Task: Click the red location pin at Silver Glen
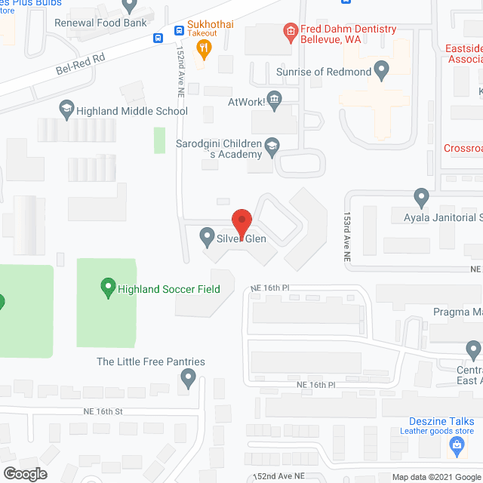click(x=241, y=222)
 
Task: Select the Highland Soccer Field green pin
click(x=108, y=288)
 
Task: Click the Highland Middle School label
click(x=133, y=111)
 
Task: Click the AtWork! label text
click(x=248, y=99)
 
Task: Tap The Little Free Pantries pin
click(x=189, y=376)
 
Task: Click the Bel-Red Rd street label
click(x=78, y=69)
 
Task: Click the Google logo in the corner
click(x=25, y=473)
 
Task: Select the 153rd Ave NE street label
click(x=348, y=237)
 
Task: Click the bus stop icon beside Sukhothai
click(x=178, y=31)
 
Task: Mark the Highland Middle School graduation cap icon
click(x=67, y=110)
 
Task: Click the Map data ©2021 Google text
click(x=435, y=476)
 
